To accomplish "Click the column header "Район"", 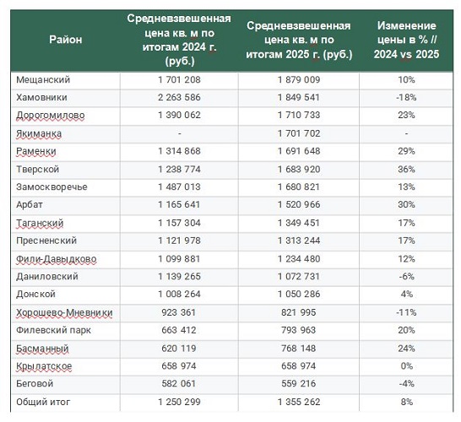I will coord(66,39).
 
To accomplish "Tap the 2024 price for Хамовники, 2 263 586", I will coord(179,97).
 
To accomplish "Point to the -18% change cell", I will coord(406,97).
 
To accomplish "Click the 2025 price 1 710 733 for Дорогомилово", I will coord(298,115).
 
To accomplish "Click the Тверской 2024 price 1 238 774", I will coord(179,169).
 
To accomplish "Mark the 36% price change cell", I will coord(406,169).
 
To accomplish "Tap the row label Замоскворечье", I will coord(52,187).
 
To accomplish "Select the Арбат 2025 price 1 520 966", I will coord(298,204).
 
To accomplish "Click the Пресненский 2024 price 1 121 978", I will coord(179,241).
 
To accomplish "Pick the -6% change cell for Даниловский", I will coord(406,276).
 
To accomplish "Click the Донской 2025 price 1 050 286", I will coord(298,294).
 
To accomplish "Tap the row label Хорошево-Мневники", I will coord(64,312).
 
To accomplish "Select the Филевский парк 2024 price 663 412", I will coord(179,330).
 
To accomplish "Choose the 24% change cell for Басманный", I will coord(406,348).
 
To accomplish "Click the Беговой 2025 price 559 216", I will coord(298,383).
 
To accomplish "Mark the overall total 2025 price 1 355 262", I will coord(298,402).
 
